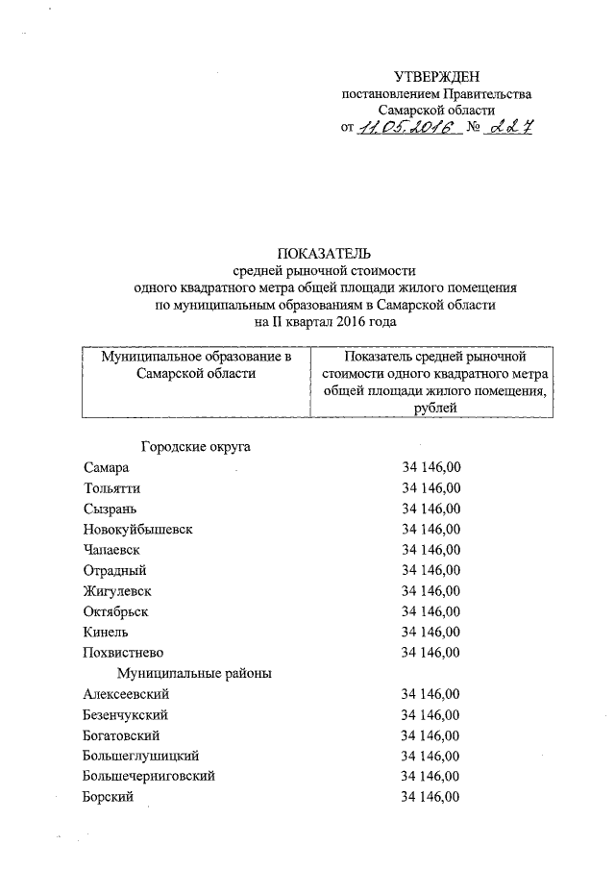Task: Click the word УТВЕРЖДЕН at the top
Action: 435,77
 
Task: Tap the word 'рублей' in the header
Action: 435,409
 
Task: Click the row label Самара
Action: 106,467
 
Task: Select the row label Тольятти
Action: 111,487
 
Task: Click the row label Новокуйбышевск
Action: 134,529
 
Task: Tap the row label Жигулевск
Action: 117,590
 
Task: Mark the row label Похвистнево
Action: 123,652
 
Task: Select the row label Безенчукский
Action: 126,714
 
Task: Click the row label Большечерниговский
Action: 149,776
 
